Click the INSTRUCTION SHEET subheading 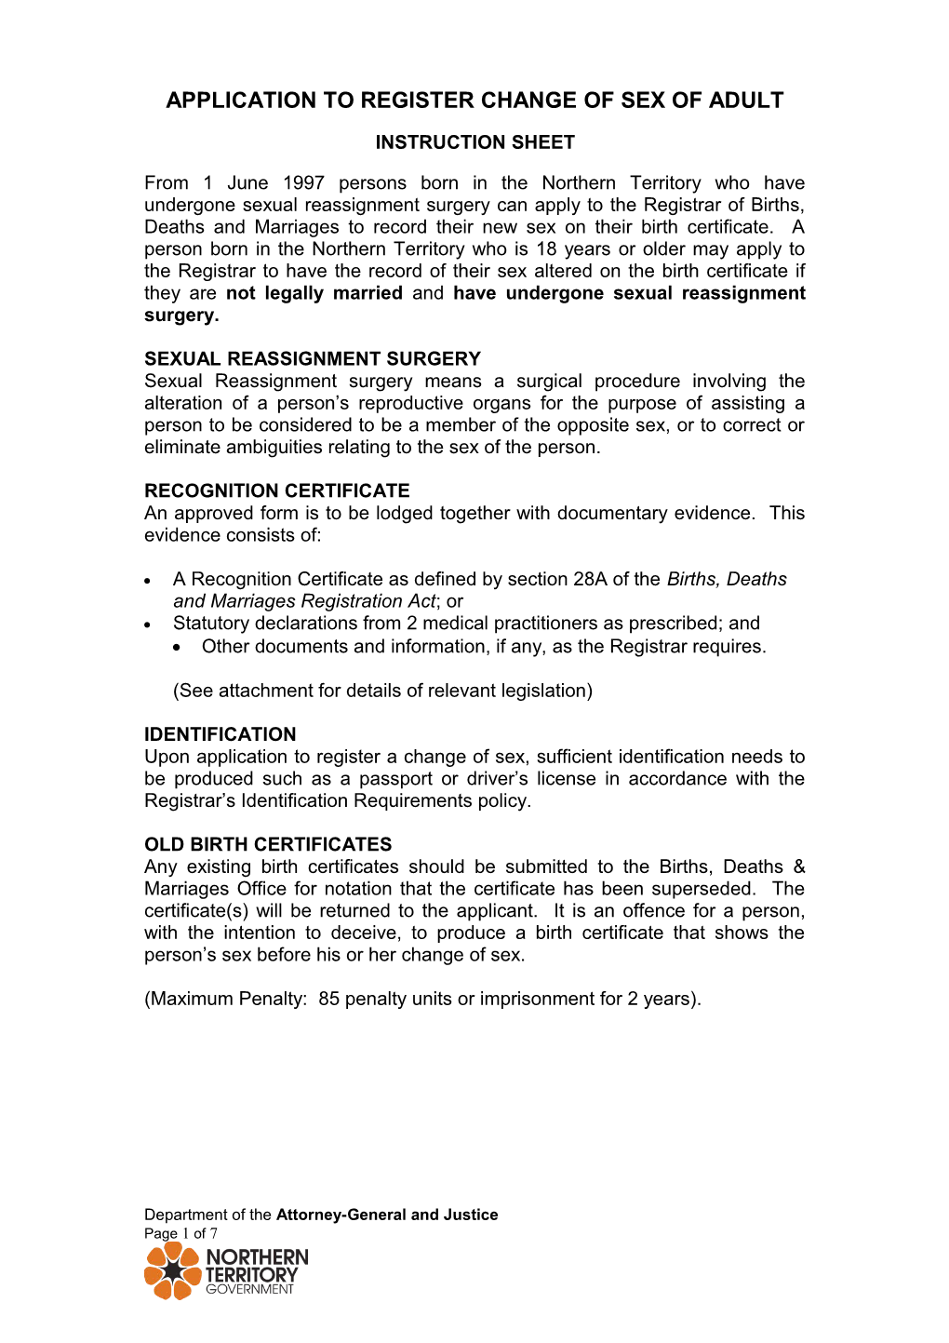(x=474, y=142)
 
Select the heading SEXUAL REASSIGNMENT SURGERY (x=313, y=359)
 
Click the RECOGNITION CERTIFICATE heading (x=276, y=490)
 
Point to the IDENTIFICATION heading (x=220, y=734)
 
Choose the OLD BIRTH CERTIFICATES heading (x=268, y=844)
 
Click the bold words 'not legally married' (x=314, y=293)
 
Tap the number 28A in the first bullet (x=590, y=579)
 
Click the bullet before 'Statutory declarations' (x=148, y=624)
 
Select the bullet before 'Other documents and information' (x=177, y=647)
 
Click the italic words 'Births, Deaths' (x=727, y=579)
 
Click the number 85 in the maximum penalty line (x=328, y=999)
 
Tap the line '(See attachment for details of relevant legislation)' (x=382, y=691)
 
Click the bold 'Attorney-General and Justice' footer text (x=387, y=1215)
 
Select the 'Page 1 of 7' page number (x=180, y=1233)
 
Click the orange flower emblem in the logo (x=172, y=1270)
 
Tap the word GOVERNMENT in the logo (x=249, y=1290)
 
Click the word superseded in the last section (x=705, y=889)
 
